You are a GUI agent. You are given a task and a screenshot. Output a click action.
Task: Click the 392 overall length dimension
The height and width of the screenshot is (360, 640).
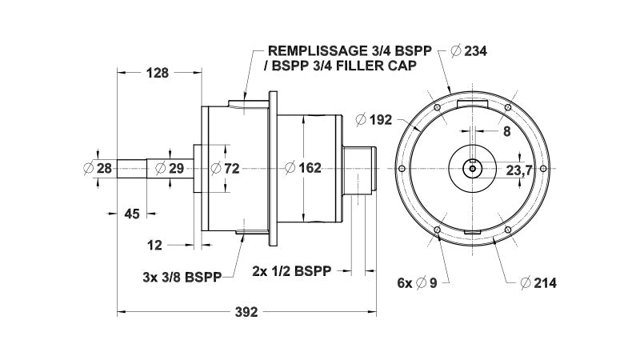pyautogui.click(x=247, y=313)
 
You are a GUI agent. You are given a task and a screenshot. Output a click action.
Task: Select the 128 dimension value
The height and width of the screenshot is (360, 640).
pyautogui.click(x=158, y=73)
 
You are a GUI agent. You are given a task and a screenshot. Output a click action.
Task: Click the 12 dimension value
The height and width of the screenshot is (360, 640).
pyautogui.click(x=155, y=243)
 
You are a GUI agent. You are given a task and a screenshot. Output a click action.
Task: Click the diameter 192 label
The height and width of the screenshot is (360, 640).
pyautogui.click(x=374, y=120)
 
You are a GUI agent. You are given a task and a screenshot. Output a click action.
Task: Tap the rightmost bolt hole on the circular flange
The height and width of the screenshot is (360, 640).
pyautogui.click(x=544, y=168)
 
